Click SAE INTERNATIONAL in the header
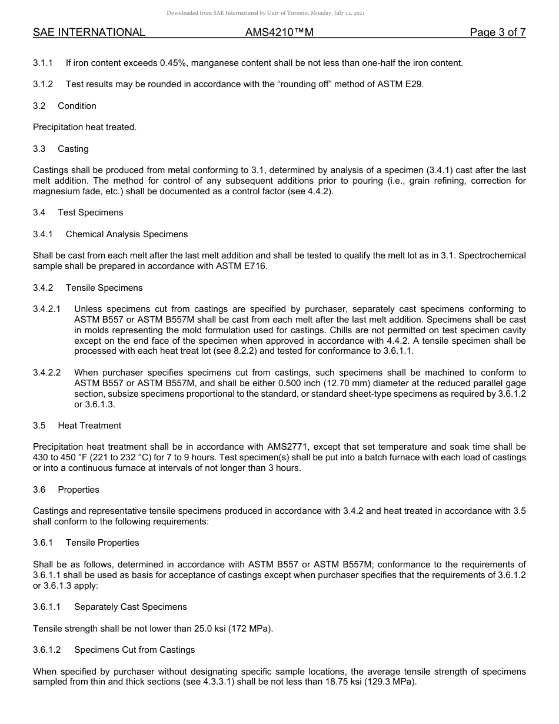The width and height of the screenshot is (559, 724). click(x=89, y=33)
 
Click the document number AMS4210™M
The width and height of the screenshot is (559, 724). click(x=279, y=33)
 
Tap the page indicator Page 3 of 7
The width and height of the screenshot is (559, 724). click(x=497, y=33)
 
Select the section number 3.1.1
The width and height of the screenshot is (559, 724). click(x=43, y=63)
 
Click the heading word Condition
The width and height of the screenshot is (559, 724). click(x=77, y=106)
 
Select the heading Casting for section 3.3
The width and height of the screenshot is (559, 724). click(x=73, y=149)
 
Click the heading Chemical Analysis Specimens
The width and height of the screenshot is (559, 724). click(x=127, y=234)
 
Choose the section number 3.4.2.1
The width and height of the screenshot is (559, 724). click(x=47, y=309)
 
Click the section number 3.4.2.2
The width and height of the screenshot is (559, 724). click(x=47, y=373)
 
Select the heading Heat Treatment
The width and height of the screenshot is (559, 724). click(x=89, y=426)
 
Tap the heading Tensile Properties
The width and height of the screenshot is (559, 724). click(x=102, y=543)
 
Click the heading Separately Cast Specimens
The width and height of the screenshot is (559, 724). click(x=130, y=607)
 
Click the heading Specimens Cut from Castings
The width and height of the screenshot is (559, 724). click(x=134, y=650)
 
